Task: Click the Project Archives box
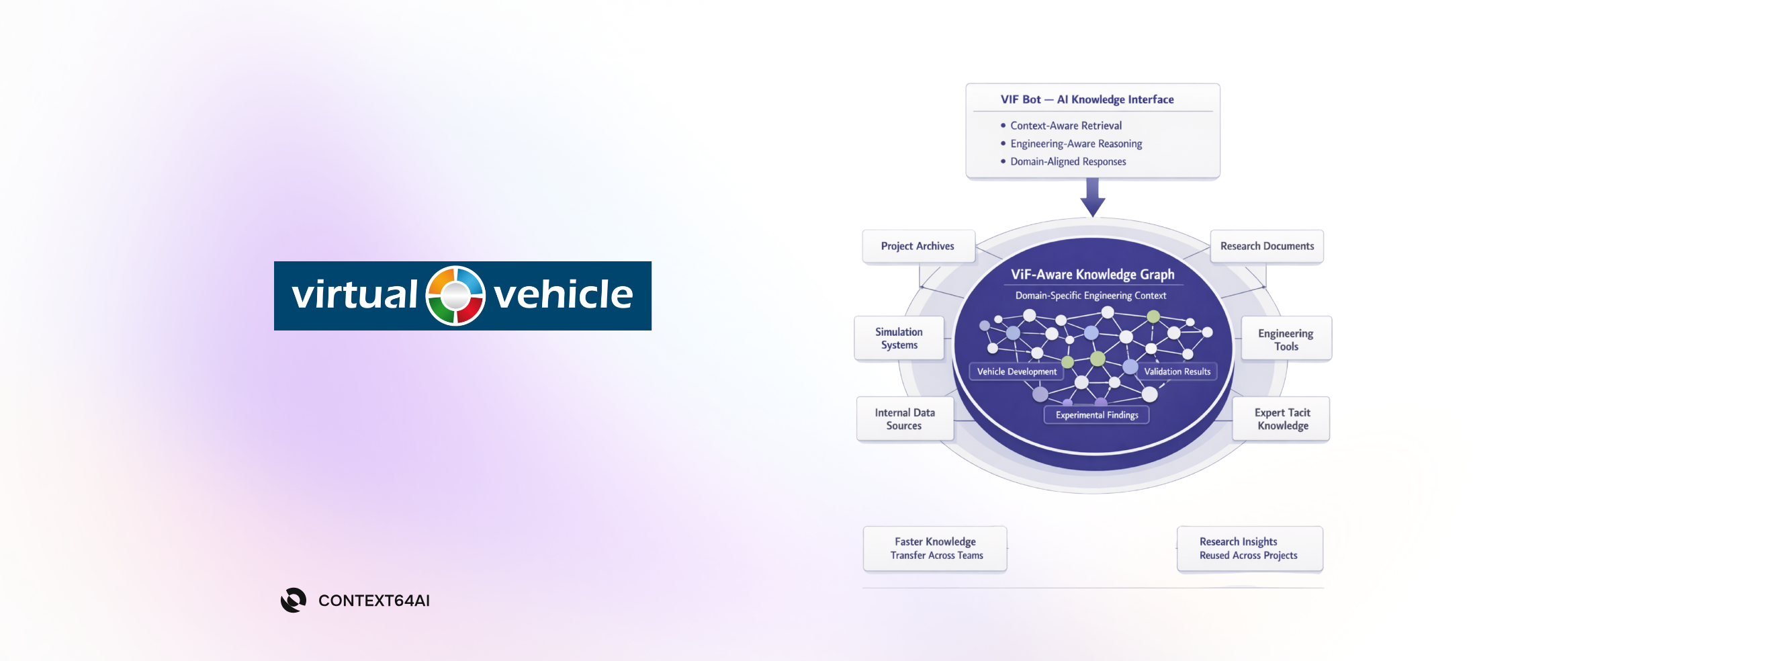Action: [x=918, y=247]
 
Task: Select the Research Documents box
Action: [x=1267, y=247]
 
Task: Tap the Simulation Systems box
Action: [x=899, y=339]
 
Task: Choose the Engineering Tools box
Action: [x=1286, y=339]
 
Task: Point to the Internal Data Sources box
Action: [x=905, y=419]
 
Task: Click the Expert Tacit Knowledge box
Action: [x=1282, y=419]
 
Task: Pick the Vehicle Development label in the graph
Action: [x=1016, y=371]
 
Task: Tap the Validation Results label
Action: [x=1177, y=371]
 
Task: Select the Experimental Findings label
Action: [x=1096, y=414]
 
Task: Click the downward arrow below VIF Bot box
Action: [x=1093, y=197]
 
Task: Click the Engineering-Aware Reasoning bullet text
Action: [x=1075, y=144]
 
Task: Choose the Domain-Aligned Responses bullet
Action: [x=1068, y=162]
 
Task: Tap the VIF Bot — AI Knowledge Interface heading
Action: [x=1086, y=99]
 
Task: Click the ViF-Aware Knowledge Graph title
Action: [x=1092, y=275]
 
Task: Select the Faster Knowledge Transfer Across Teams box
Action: [x=935, y=549]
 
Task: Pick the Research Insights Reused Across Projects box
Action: [x=1249, y=549]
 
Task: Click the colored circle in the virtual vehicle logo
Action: [x=455, y=296]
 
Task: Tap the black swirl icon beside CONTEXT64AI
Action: [x=294, y=600]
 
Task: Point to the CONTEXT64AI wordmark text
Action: [x=373, y=601]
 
